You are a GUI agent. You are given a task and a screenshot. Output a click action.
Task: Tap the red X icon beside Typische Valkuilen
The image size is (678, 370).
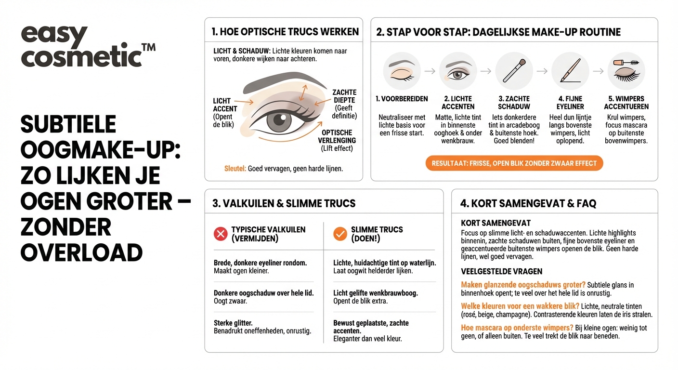221,234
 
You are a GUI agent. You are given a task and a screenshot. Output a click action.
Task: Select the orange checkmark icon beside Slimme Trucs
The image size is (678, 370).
340,234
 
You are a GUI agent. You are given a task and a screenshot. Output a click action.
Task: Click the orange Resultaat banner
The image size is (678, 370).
514,163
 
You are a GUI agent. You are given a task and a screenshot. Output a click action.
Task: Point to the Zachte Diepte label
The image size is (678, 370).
344,100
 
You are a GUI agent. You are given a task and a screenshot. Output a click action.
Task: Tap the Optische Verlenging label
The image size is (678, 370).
337,136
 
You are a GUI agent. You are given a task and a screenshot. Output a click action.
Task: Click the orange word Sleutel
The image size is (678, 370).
235,169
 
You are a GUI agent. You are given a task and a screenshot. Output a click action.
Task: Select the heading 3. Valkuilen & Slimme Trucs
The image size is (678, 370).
284,203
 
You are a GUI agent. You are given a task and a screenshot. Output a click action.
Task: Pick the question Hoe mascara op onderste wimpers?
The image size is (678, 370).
517,328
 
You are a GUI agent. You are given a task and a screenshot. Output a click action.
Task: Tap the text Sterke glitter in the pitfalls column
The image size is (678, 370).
233,323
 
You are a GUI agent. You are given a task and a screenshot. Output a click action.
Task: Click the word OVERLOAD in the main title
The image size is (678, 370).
81,252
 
